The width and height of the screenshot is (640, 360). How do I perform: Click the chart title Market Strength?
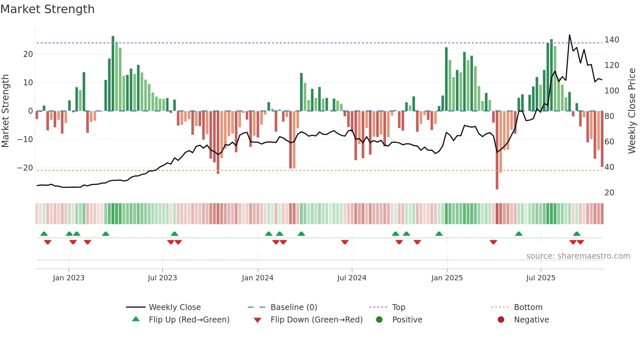[48, 9]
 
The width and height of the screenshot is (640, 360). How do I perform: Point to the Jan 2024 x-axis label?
[257, 278]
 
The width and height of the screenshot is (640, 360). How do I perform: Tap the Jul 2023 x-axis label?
[162, 278]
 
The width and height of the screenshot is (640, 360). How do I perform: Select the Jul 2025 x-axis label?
[540, 278]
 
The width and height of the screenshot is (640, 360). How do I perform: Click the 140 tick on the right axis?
[611, 40]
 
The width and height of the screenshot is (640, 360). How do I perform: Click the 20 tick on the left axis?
[28, 54]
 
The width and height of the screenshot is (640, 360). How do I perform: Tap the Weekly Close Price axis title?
[632, 111]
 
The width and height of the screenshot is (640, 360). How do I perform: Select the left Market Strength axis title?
[6, 111]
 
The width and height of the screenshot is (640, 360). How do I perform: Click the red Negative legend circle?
[501, 319]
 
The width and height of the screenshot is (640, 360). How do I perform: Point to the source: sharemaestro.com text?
[578, 256]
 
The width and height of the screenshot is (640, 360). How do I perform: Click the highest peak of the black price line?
[569, 35]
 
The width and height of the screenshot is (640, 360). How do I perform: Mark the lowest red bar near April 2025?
[497, 188]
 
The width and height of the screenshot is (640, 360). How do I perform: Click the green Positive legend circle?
[379, 319]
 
